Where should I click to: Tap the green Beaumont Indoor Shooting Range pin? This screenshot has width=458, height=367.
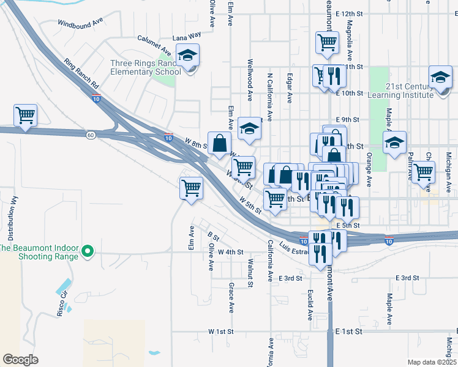coord(88,251)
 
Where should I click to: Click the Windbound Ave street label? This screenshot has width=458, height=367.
coord(80,23)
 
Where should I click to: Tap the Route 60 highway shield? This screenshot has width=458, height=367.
coord(91,135)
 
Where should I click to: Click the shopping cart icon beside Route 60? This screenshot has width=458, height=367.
coord(26,115)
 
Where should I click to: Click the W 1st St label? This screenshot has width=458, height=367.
coord(221,331)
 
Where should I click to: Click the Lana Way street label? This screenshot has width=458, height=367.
coord(187,37)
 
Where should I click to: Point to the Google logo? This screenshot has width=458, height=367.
coord(20,359)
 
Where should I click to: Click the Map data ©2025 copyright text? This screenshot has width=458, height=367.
coord(432,362)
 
